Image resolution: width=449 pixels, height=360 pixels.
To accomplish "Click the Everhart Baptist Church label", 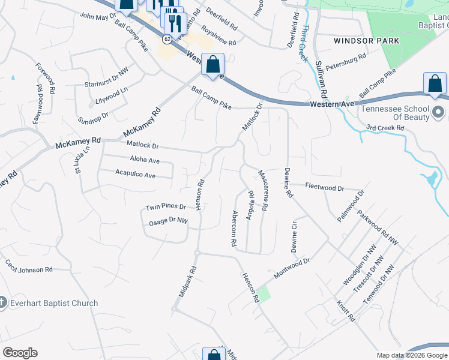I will click(54, 303).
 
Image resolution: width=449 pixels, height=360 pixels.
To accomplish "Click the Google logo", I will click(20, 353).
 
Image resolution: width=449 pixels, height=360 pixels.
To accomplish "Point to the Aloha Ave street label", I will click(145, 161).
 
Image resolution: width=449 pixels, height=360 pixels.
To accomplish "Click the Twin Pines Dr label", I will click(166, 207).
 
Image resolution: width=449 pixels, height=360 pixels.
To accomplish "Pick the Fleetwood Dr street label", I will click(324, 187).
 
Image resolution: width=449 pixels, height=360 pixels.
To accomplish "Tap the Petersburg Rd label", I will click(346, 61).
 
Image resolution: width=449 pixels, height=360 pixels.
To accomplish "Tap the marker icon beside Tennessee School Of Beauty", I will click(438, 112).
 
